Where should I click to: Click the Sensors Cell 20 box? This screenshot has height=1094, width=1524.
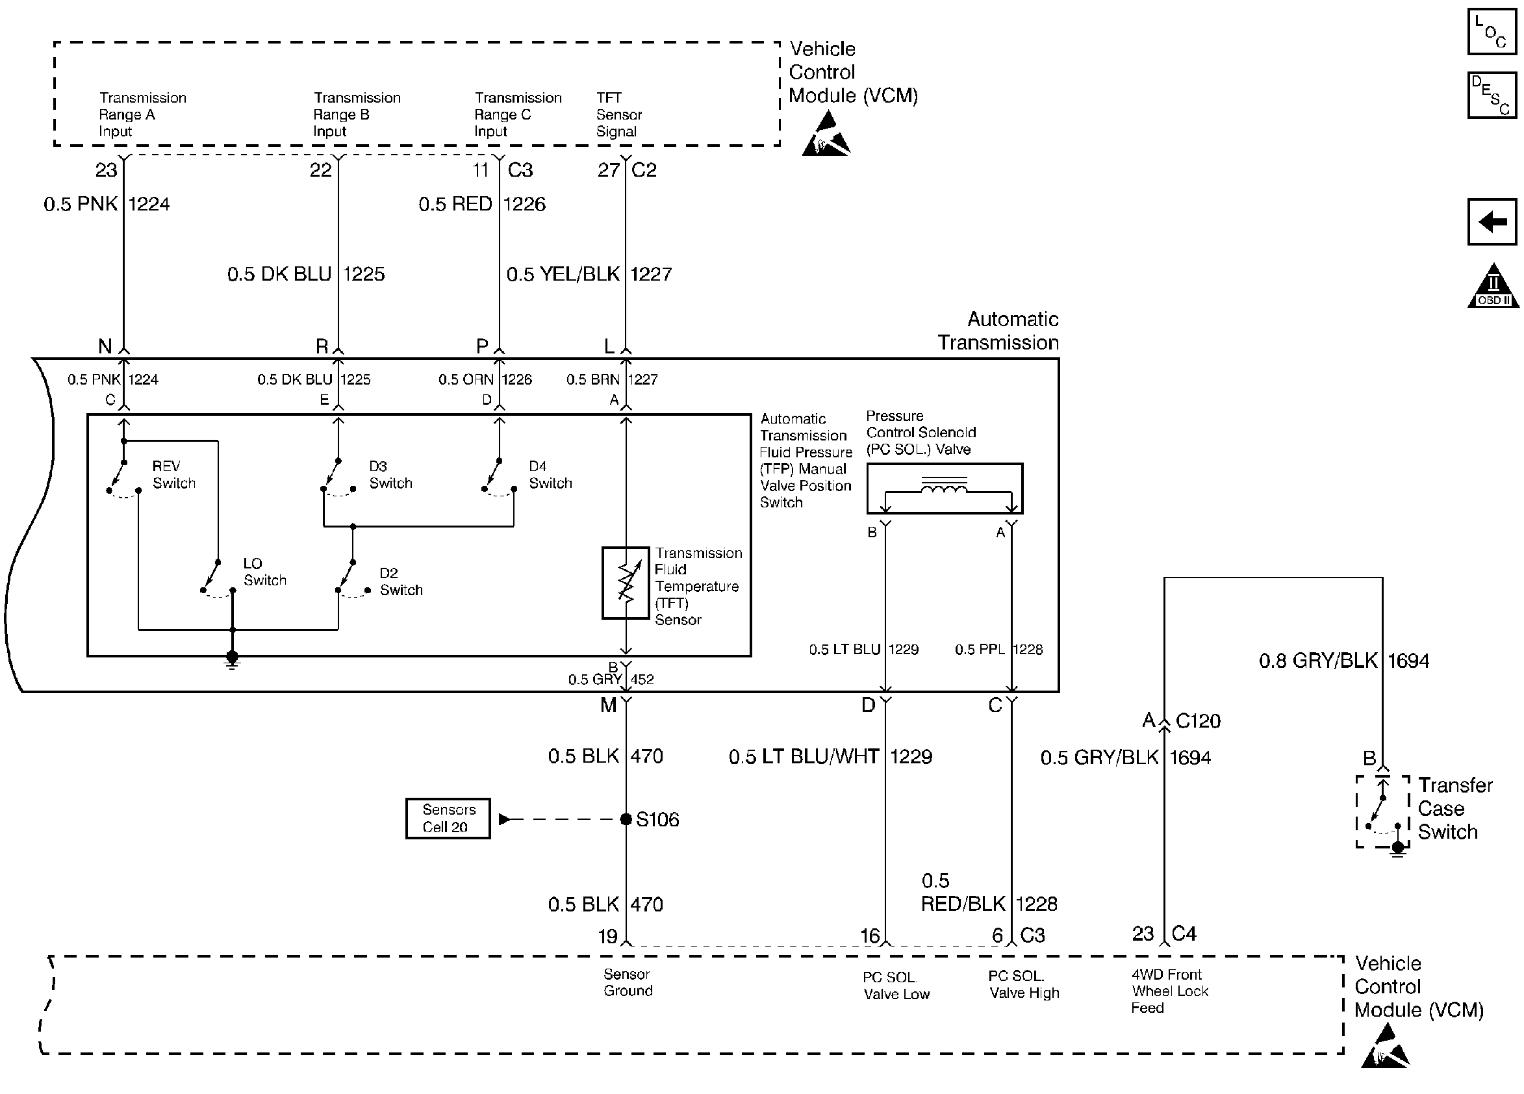click(x=448, y=819)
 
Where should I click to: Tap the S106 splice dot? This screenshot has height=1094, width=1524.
click(x=626, y=819)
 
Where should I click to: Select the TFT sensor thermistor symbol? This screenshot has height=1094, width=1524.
click(x=626, y=583)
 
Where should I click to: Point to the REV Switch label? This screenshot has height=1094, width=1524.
click(x=174, y=474)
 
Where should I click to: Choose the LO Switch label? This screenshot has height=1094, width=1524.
click(x=265, y=572)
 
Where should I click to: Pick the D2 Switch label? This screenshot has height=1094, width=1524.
click(x=401, y=582)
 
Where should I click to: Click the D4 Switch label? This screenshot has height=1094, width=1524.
click(x=550, y=474)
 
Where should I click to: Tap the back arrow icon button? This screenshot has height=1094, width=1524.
click(x=1492, y=222)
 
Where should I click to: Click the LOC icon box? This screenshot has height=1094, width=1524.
click(x=1492, y=31)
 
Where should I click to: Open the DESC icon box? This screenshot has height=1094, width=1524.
click(x=1492, y=95)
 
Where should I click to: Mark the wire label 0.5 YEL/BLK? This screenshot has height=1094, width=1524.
click(x=563, y=274)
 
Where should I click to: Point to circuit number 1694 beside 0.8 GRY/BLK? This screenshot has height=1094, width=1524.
click(x=1408, y=661)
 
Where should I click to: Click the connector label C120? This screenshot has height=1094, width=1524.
click(x=1198, y=721)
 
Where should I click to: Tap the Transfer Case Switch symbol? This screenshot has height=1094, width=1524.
click(x=1382, y=812)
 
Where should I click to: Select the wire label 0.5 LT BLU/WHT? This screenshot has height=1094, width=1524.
click(x=804, y=757)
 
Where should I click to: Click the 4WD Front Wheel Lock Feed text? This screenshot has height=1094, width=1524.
click(x=1169, y=991)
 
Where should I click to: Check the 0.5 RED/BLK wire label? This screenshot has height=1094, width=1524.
click(x=962, y=893)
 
